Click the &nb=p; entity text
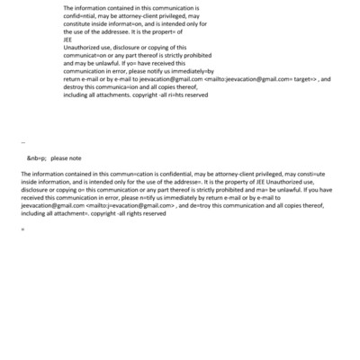pyautogui.click(x=37, y=157)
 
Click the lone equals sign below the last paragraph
pyautogui.click(x=22, y=229)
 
